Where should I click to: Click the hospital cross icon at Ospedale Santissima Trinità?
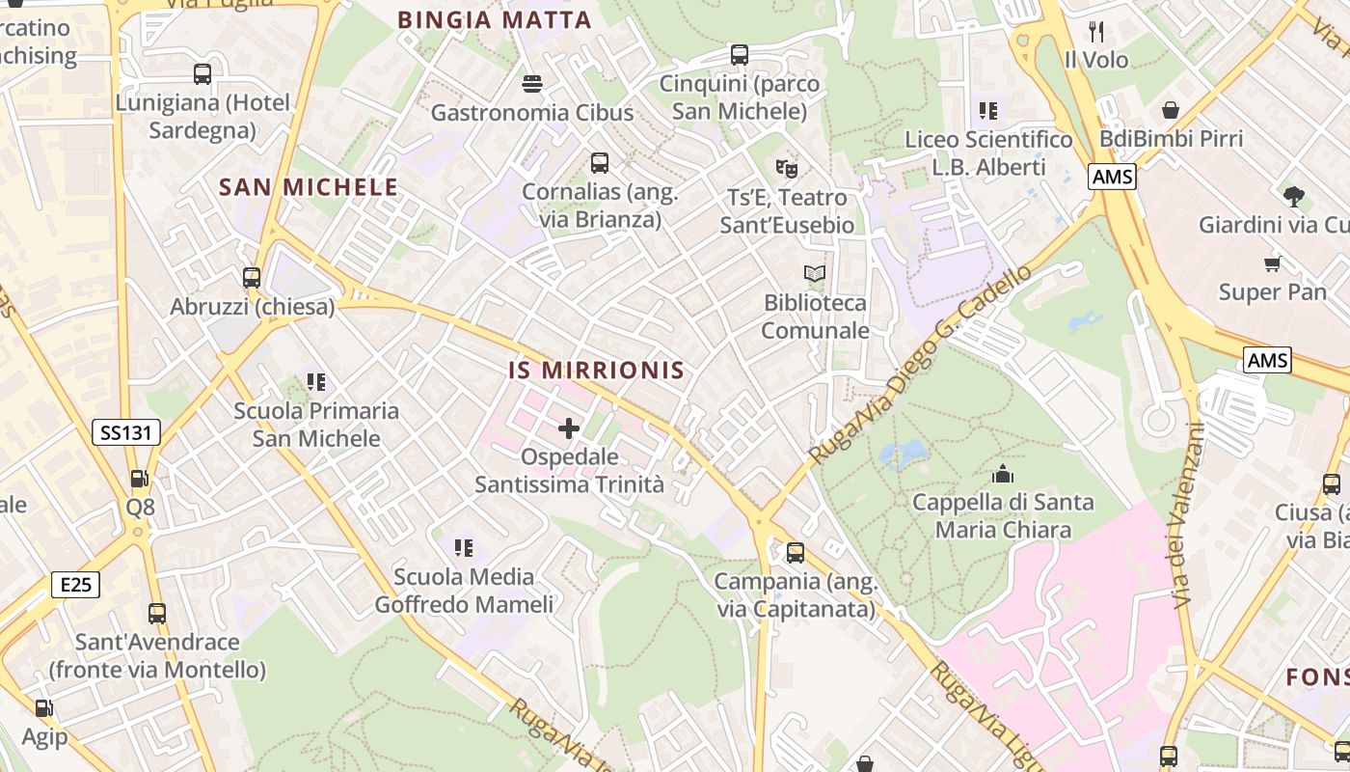pyautogui.click(x=569, y=427)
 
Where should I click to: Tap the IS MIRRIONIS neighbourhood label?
pyautogui.click(x=597, y=371)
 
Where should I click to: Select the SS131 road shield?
pyautogui.click(x=126, y=432)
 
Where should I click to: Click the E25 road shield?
pyautogui.click(x=75, y=584)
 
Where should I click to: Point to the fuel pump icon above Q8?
pyautogui.click(x=140, y=479)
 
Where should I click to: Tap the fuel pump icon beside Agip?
pyautogui.click(x=43, y=708)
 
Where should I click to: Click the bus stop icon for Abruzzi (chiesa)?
pyautogui.click(x=252, y=278)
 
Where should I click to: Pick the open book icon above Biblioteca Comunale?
pyautogui.click(x=815, y=274)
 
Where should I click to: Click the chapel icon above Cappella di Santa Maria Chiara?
pyautogui.click(x=1003, y=474)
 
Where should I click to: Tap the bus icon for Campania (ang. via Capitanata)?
pyautogui.click(x=796, y=553)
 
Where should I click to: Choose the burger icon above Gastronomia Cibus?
pyautogui.click(x=531, y=84)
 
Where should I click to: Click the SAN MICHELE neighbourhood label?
pyautogui.click(x=309, y=187)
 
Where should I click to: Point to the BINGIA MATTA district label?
pyautogui.click(x=495, y=19)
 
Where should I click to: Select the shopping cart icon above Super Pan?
pyautogui.click(x=1272, y=263)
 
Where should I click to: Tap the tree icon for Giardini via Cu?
pyautogui.click(x=1293, y=197)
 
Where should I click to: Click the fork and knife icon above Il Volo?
pyautogui.click(x=1096, y=31)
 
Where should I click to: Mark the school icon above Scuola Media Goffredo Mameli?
pyautogui.click(x=464, y=548)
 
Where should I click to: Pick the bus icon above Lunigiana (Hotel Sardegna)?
pyautogui.click(x=202, y=74)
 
